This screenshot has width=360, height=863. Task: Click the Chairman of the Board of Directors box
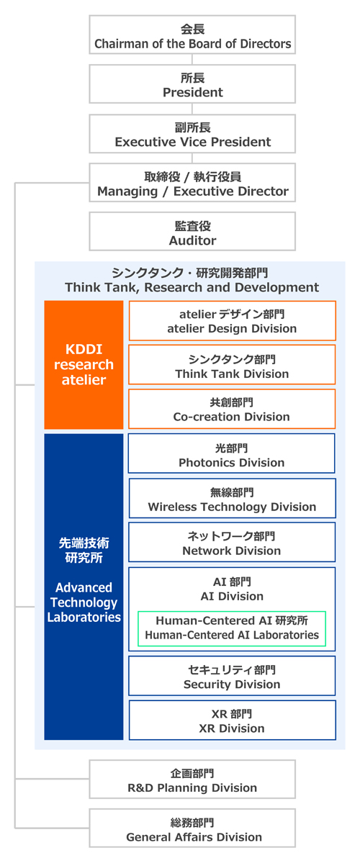pyautogui.click(x=192, y=35)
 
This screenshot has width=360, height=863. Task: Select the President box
pyautogui.click(x=192, y=83)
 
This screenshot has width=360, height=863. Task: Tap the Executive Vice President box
pyautogui.click(x=192, y=133)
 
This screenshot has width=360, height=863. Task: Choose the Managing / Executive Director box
pyautogui.click(x=192, y=183)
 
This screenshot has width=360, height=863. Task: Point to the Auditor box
pyautogui.click(x=192, y=232)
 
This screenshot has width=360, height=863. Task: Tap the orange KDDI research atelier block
pyautogui.click(x=84, y=364)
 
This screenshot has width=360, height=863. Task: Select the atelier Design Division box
pyautogui.click(x=233, y=320)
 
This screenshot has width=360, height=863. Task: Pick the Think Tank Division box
pyautogui.click(x=233, y=364)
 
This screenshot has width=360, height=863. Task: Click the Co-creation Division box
pyautogui.click(x=233, y=408)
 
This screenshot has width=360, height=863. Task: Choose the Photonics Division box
pyautogui.click(x=232, y=453)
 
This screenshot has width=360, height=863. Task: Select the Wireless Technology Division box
pyautogui.click(x=233, y=498)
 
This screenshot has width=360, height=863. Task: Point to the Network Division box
pyautogui.click(x=232, y=542)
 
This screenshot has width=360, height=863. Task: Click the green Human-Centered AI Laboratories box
pyautogui.click(x=232, y=628)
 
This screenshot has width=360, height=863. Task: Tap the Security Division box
pyautogui.click(x=232, y=676)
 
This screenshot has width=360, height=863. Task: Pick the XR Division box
pyautogui.click(x=233, y=720)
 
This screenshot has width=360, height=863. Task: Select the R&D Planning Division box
pyautogui.click(x=192, y=780)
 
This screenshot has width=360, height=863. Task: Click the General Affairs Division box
pyautogui.click(x=192, y=828)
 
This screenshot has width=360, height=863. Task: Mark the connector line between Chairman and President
pyautogui.click(x=192, y=60)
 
